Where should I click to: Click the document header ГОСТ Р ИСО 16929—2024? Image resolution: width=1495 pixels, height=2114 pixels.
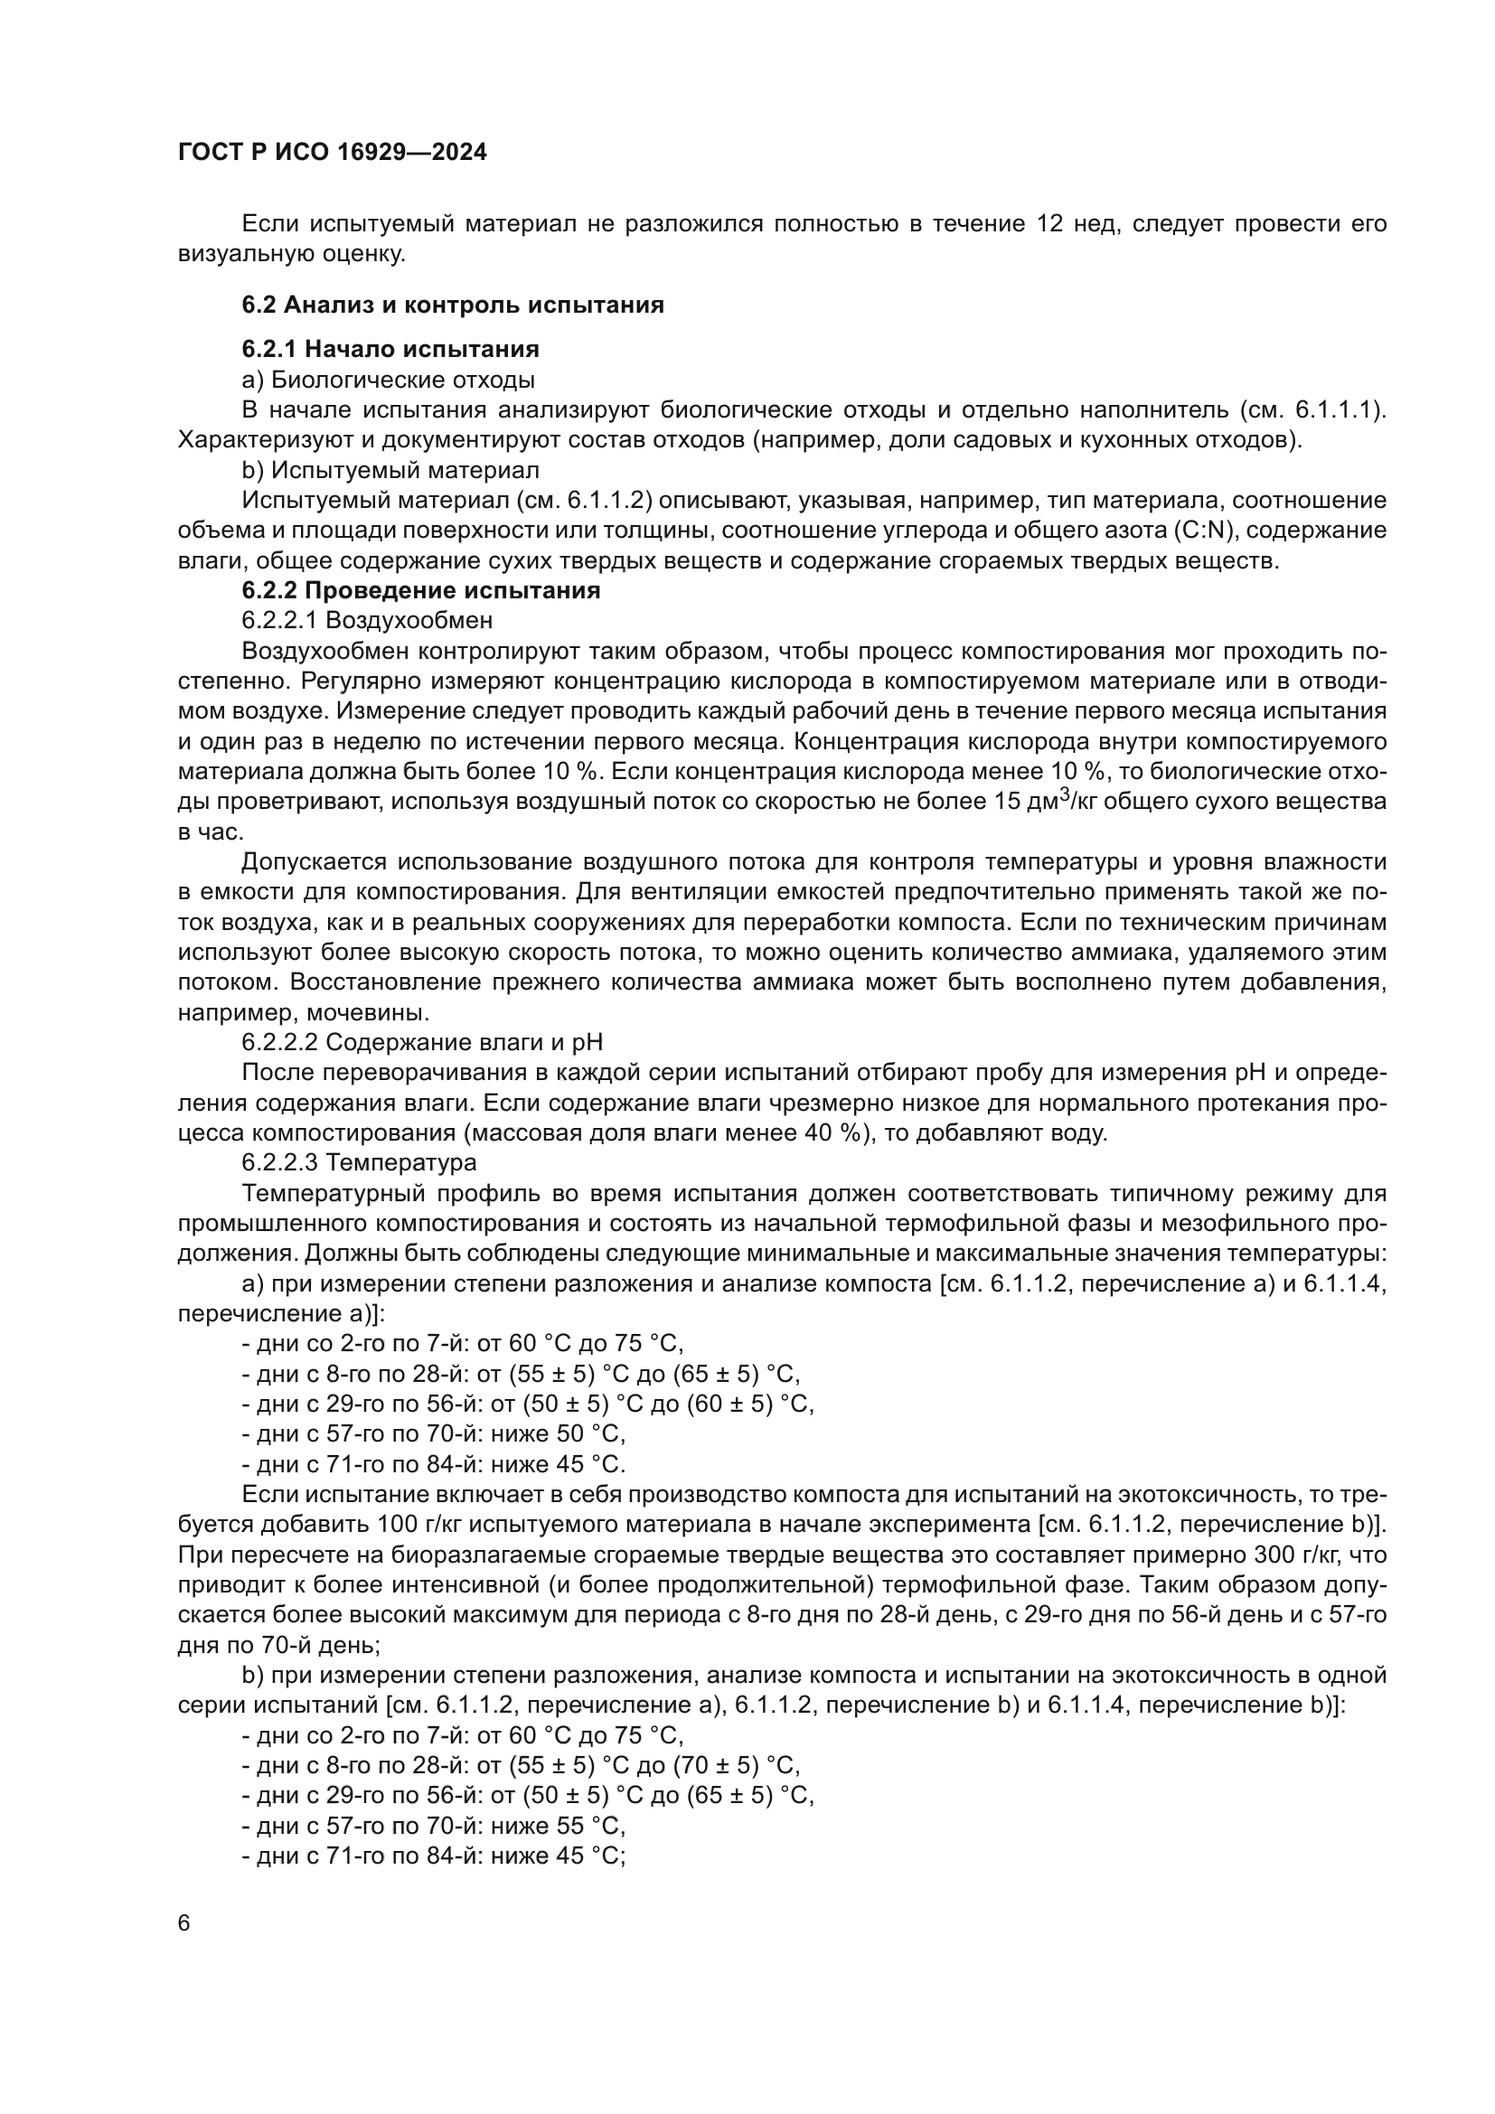point(333,153)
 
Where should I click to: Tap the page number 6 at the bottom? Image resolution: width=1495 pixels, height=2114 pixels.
point(184,1923)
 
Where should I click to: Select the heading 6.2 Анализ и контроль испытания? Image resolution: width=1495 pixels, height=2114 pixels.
point(453,305)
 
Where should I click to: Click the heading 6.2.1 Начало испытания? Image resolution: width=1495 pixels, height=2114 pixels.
point(390,349)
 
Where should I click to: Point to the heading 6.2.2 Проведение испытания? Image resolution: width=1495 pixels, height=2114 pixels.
point(420,590)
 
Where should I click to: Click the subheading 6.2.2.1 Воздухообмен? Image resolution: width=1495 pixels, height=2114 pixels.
point(367,621)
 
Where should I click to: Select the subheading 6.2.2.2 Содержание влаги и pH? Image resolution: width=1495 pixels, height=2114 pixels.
point(422,1042)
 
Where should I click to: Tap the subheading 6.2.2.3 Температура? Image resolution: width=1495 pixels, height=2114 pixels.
point(359,1163)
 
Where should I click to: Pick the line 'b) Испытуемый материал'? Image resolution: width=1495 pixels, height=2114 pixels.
point(390,470)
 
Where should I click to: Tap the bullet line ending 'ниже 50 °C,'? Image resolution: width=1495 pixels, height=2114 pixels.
point(434,1433)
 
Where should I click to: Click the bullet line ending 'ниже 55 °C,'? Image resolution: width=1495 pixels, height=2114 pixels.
point(434,1826)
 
